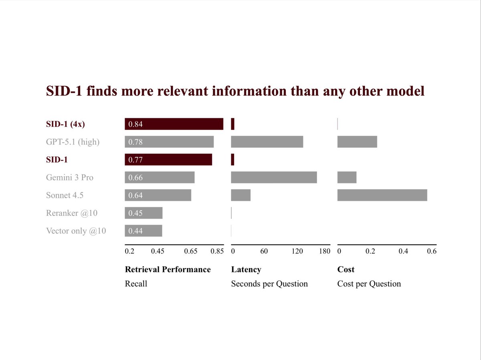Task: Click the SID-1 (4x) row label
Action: pos(65,124)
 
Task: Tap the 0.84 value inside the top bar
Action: pos(135,125)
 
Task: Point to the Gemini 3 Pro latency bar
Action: pos(274,177)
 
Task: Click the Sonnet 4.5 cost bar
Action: pos(382,195)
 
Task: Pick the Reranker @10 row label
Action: pos(71,213)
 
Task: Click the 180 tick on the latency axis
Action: pos(325,251)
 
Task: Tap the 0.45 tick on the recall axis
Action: pos(158,251)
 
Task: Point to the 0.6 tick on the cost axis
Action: pos(432,251)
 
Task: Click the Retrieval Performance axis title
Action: pos(168,269)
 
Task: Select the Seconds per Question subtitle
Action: pos(269,284)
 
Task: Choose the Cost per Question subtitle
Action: pos(369,284)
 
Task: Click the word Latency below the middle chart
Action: pos(246,269)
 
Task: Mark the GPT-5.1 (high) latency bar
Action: pos(267,142)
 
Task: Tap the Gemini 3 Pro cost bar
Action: pos(347,177)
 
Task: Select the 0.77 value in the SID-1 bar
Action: pos(135,160)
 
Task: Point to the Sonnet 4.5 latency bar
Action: pos(240,195)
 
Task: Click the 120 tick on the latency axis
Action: pos(297,251)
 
